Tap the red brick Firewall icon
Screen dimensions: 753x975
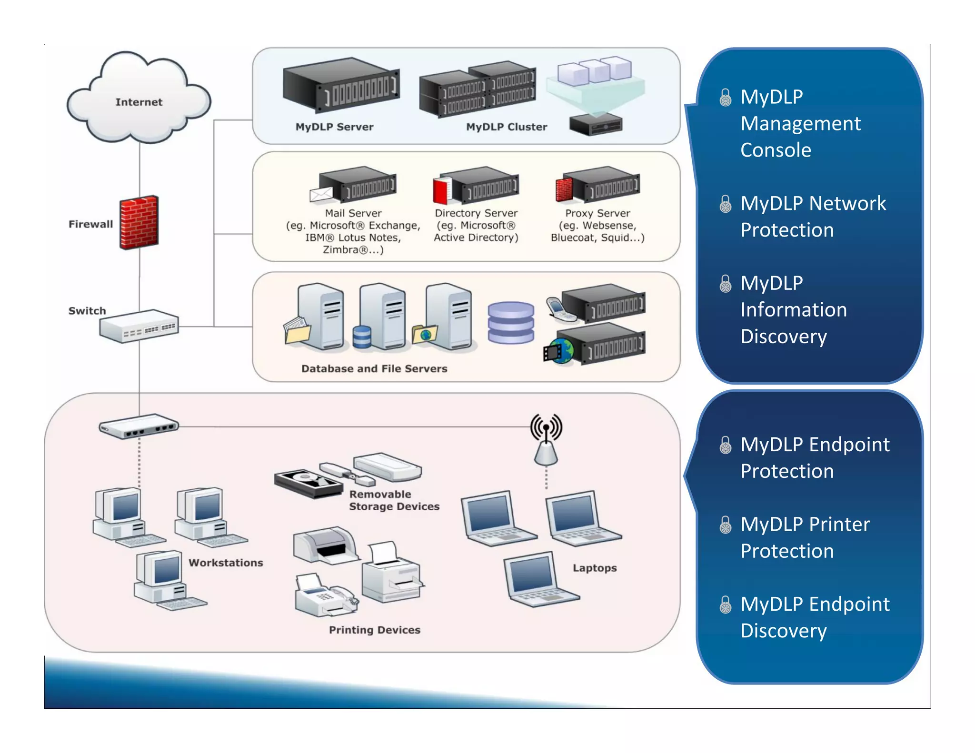tap(139, 222)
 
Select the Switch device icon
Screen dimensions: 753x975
tap(139, 327)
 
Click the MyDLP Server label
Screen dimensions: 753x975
tap(334, 127)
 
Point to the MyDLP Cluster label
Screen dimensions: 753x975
tap(507, 127)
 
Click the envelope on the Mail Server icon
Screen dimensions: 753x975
tap(321, 194)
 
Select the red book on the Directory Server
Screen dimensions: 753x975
tap(442, 190)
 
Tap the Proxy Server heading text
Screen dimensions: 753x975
tap(597, 213)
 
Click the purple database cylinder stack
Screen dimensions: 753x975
tap(511, 323)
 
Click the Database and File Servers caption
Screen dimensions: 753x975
tap(374, 368)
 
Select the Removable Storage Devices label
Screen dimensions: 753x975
tap(394, 500)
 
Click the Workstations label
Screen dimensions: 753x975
tap(226, 563)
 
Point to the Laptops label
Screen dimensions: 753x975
tap(595, 568)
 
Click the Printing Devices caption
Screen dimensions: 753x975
tap(375, 630)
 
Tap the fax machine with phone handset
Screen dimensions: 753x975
tap(325, 596)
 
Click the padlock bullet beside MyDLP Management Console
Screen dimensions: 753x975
tap(725, 98)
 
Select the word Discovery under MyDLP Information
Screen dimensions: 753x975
tap(784, 337)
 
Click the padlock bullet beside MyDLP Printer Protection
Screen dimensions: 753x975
tap(725, 525)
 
